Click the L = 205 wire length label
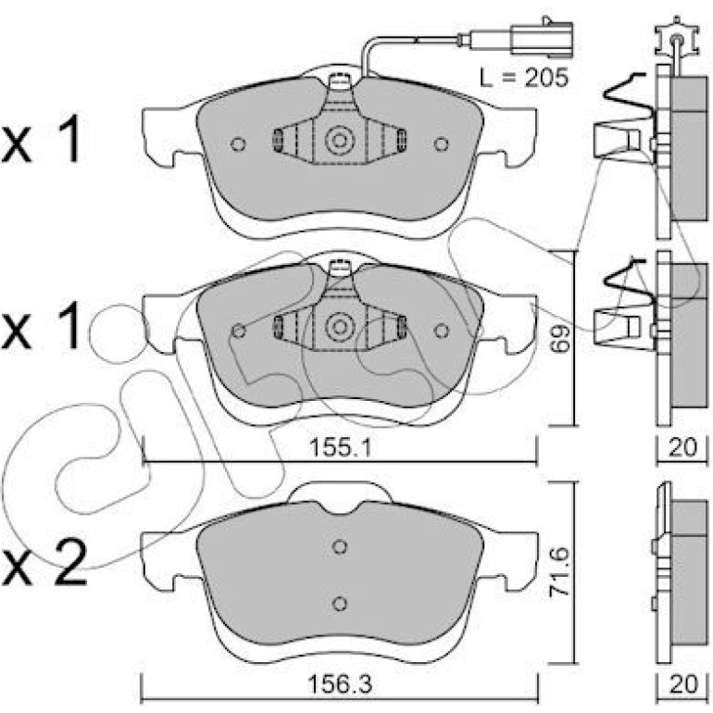click(524, 77)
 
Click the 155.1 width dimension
click(340, 447)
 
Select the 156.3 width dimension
click(340, 684)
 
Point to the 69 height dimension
click(559, 339)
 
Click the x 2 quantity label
click(44, 563)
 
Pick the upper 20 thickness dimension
click(682, 447)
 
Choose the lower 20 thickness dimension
click(682, 684)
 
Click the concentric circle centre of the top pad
click(339, 141)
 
